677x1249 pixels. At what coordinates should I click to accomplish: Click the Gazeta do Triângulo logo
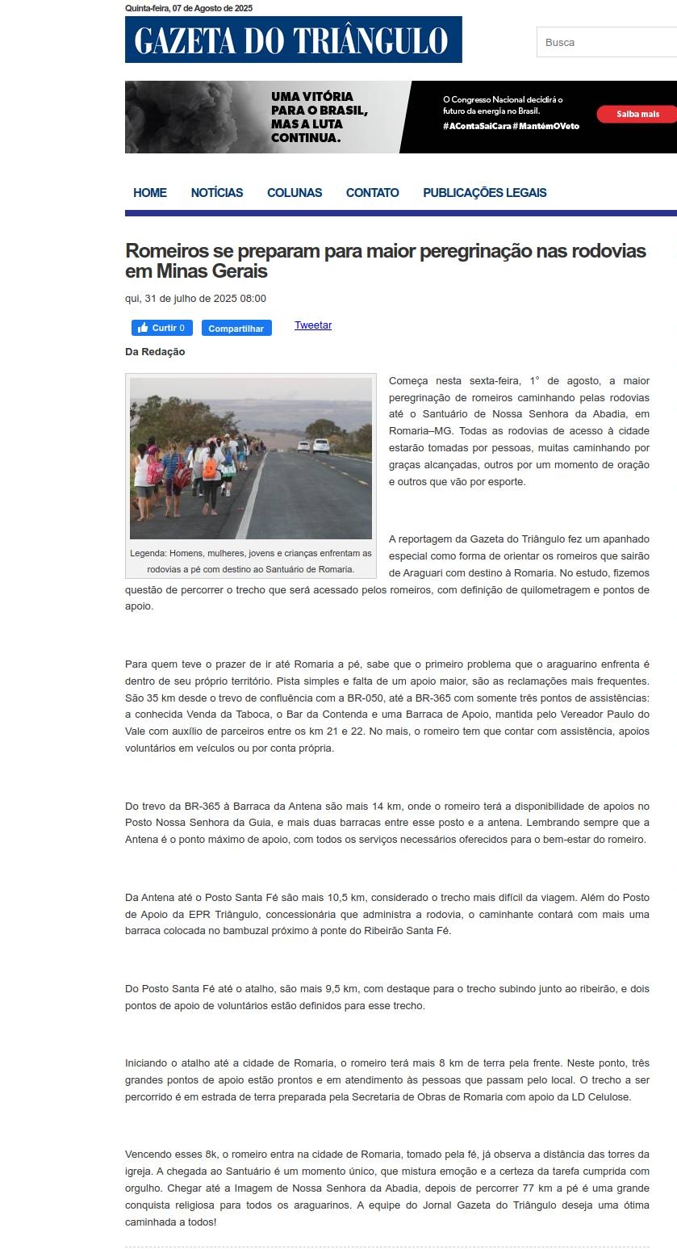click(x=293, y=40)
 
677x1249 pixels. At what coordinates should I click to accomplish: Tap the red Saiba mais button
click(x=637, y=114)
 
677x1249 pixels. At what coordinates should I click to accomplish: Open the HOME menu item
click(x=150, y=193)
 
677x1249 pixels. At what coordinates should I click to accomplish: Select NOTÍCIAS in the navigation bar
click(x=217, y=193)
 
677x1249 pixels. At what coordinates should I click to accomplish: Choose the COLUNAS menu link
click(x=295, y=193)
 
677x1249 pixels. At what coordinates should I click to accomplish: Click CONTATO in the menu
click(x=372, y=193)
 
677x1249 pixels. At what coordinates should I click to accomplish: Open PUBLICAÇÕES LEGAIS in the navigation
click(x=484, y=193)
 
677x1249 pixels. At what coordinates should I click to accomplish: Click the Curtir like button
click(x=162, y=328)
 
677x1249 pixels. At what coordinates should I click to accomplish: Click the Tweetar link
click(x=313, y=325)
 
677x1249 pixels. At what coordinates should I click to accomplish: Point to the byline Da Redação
click(x=155, y=352)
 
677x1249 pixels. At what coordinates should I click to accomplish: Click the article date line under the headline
click(x=195, y=299)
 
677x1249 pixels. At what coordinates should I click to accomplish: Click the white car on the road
click(x=320, y=446)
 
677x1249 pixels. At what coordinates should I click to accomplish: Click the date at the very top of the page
click(x=189, y=8)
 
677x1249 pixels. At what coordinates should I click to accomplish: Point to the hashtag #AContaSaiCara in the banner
click(x=476, y=127)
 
